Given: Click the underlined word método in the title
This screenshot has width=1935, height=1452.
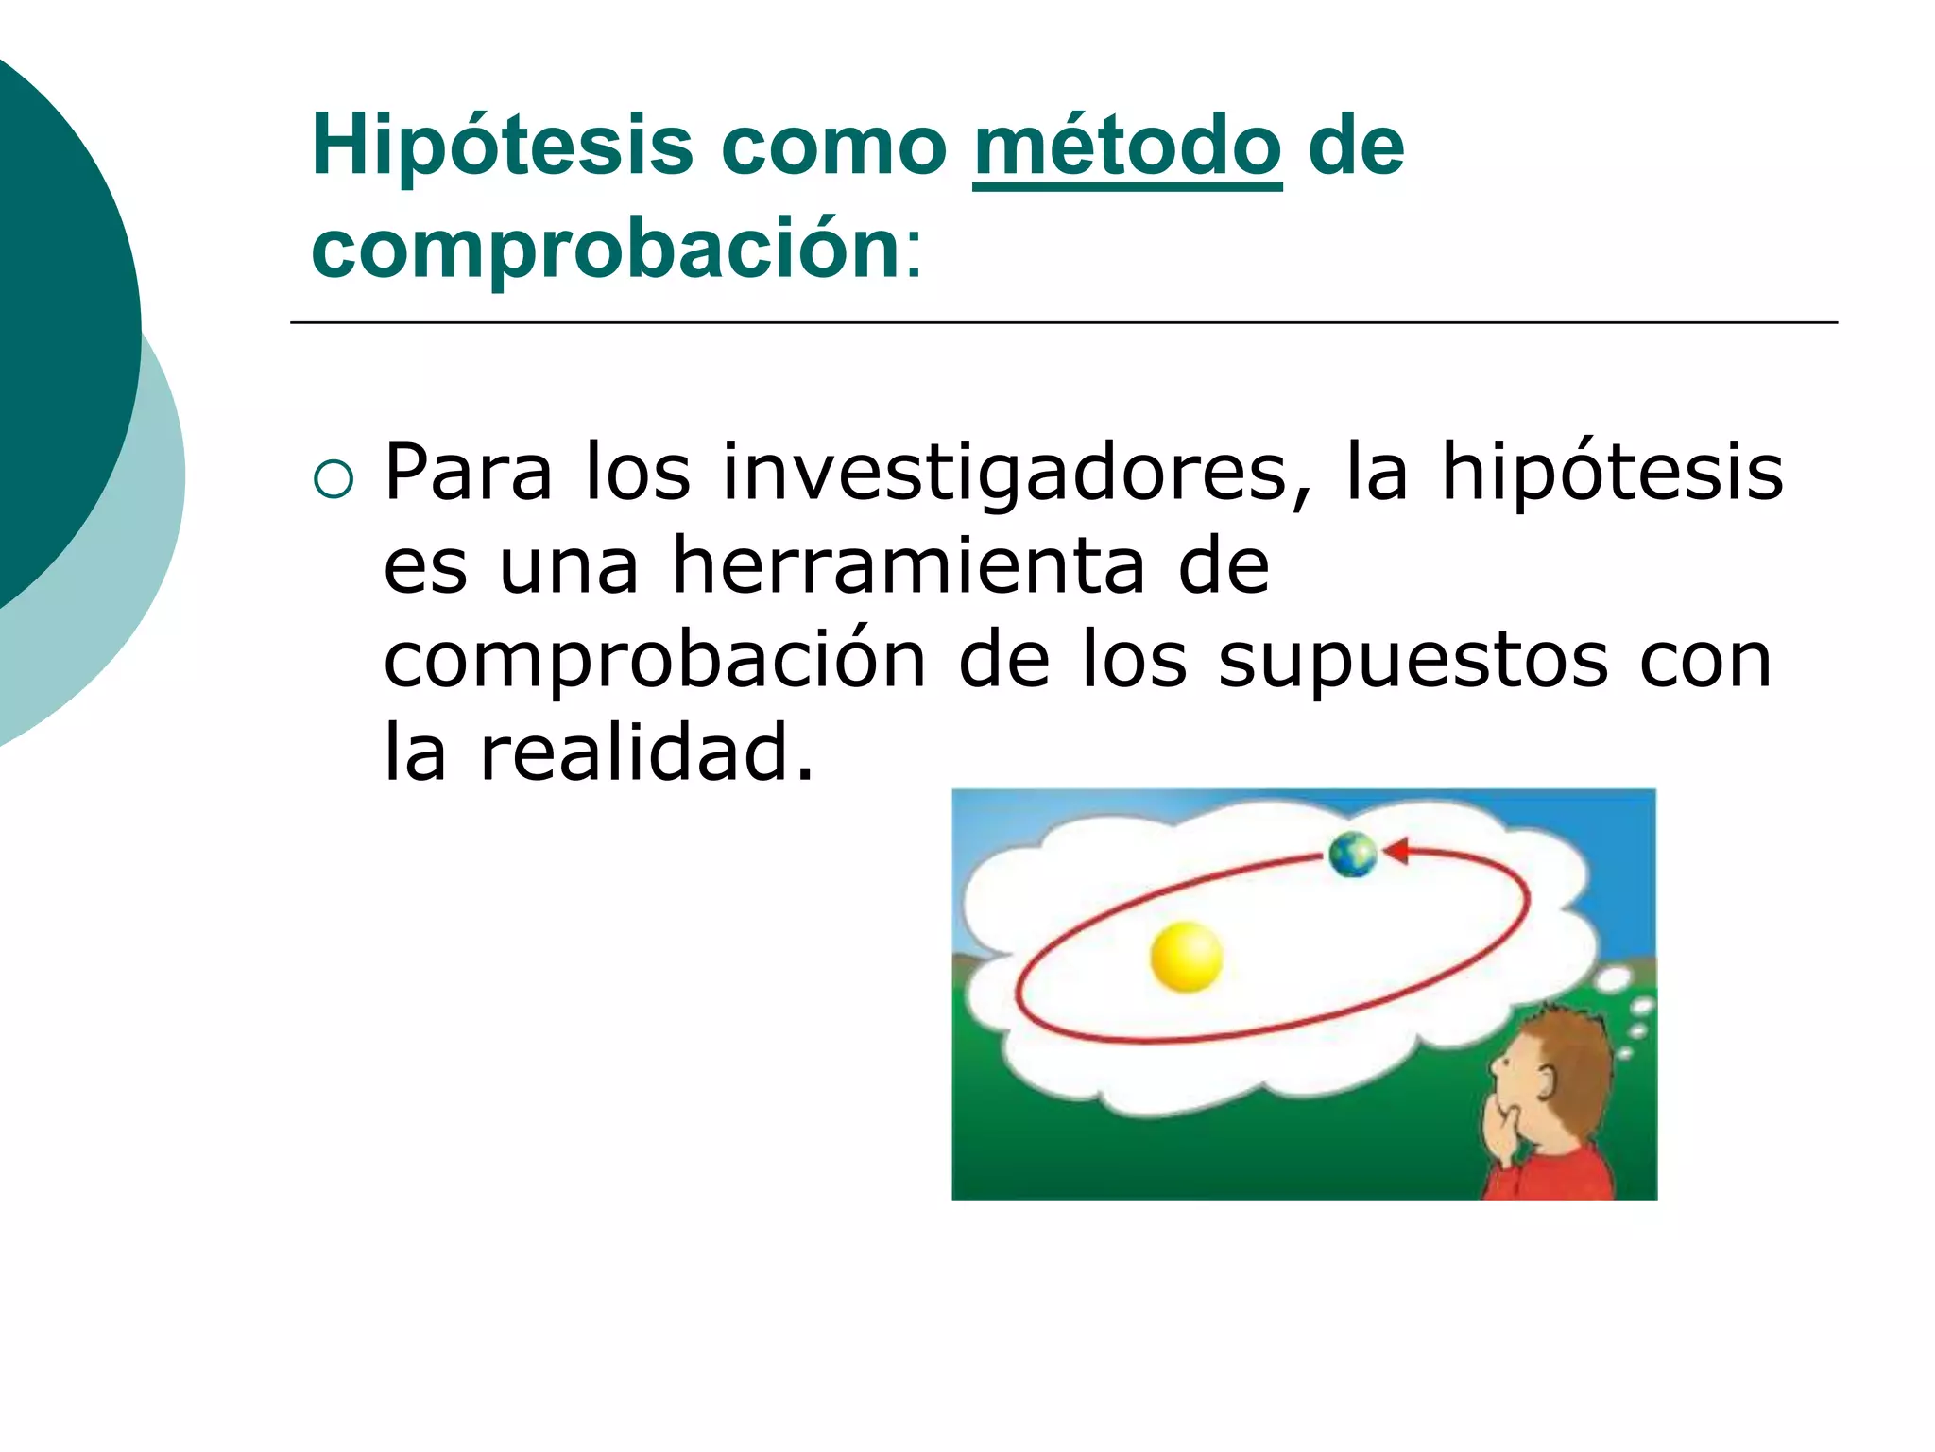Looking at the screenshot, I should pos(1126,147).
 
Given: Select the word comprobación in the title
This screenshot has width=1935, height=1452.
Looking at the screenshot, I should pos(606,250).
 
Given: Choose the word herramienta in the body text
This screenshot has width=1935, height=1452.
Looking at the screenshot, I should pos(907,566).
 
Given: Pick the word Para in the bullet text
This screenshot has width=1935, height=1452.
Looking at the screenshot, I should pos(468,473).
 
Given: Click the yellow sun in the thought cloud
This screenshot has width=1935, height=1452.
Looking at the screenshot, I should pos(1186,957).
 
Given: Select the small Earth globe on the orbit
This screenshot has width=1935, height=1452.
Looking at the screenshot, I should pos(1352,855).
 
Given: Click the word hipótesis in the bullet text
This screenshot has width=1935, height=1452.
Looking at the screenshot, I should pos(1611,473).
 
